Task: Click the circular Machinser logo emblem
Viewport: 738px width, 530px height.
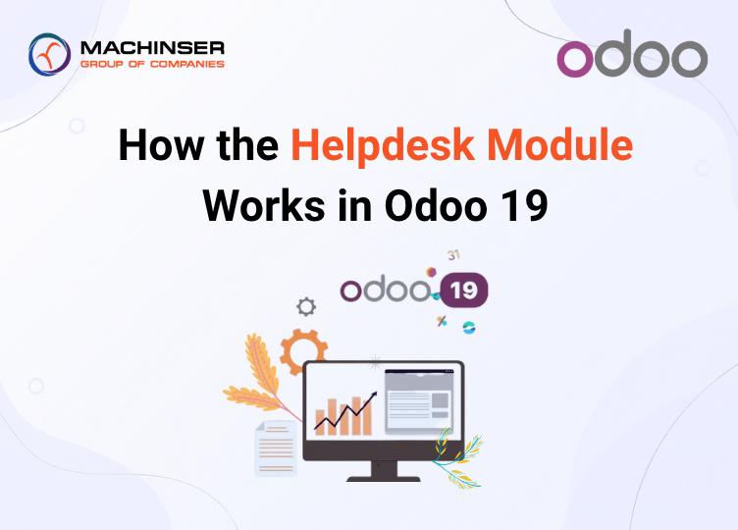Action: pos(49,54)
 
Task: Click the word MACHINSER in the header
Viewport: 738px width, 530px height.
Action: pos(152,47)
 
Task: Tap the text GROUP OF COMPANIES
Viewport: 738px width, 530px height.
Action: pos(152,64)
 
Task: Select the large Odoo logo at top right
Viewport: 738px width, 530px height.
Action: pos(632,53)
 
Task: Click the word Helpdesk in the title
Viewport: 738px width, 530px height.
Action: pos(382,145)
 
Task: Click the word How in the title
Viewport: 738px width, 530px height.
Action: pos(161,144)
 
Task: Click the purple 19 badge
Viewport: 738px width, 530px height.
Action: pos(463,290)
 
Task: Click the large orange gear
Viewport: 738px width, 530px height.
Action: pos(303,351)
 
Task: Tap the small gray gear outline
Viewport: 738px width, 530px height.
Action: pos(306,307)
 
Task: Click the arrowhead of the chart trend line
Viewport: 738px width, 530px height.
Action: pos(374,395)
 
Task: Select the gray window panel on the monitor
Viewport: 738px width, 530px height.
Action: pos(420,401)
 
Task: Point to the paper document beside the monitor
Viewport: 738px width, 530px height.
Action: pos(276,449)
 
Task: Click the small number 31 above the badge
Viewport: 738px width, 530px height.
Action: pos(453,255)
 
